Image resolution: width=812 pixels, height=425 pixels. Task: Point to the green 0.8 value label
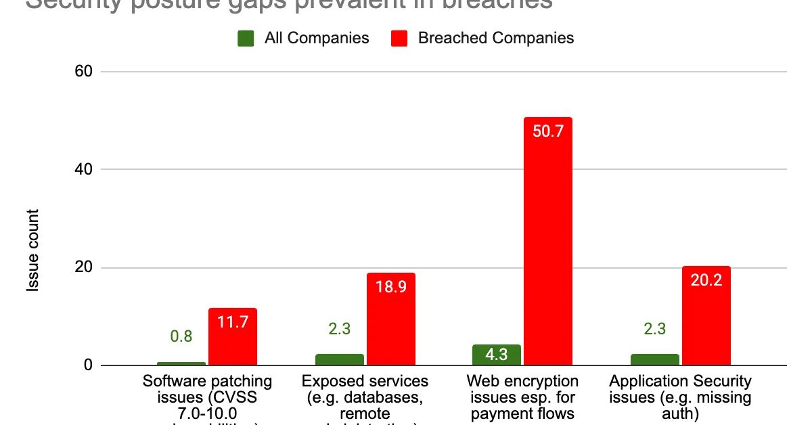pyautogui.click(x=181, y=336)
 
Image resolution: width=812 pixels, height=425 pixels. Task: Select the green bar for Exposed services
pyautogui.click(x=339, y=359)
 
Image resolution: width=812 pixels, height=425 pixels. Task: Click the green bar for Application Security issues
pyautogui.click(x=654, y=359)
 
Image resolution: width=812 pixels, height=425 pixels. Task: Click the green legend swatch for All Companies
pyautogui.click(x=246, y=38)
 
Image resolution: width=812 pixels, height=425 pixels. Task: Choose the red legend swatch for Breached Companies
pyautogui.click(x=399, y=38)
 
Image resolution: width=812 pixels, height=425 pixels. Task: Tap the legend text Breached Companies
pyautogui.click(x=495, y=38)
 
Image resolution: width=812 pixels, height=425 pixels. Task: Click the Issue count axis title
pyautogui.click(x=33, y=250)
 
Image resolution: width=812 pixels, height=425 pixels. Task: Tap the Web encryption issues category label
pyautogui.click(x=523, y=397)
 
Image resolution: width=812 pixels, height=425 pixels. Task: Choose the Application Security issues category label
pyautogui.click(x=680, y=397)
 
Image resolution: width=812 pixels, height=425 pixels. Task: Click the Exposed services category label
pyautogui.click(x=365, y=397)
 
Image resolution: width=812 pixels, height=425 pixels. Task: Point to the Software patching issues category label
pyautogui.click(x=207, y=397)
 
